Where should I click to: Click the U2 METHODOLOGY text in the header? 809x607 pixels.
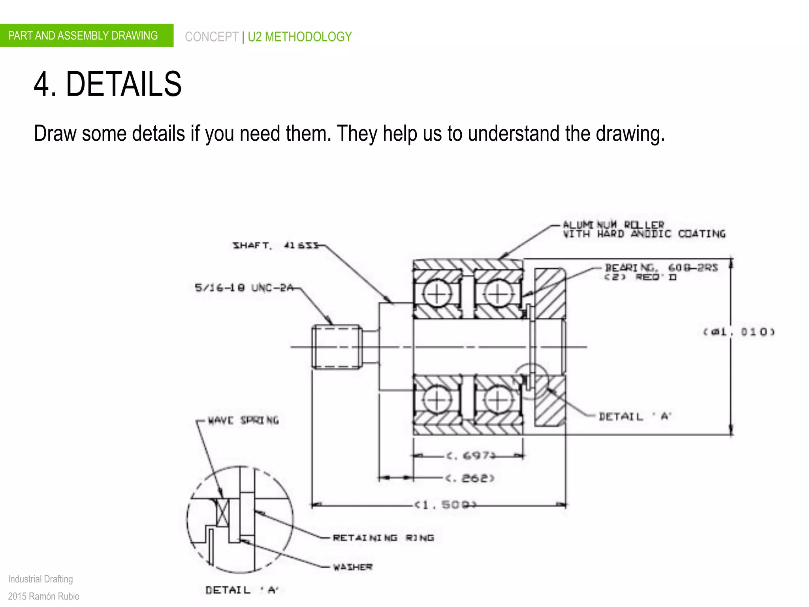(299, 37)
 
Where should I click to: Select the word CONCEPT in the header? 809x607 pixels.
(211, 37)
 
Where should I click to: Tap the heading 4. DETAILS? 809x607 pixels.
(107, 84)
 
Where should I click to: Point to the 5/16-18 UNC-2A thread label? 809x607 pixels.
(244, 287)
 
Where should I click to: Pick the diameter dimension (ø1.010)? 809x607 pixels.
(739, 332)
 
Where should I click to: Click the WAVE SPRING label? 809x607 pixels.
(243, 420)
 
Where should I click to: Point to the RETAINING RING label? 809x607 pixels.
(383, 537)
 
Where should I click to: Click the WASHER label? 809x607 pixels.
(353, 567)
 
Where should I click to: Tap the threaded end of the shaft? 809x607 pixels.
(337, 347)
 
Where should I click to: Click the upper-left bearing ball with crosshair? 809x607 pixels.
(437, 294)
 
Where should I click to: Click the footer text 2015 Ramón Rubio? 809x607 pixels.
(43, 596)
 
